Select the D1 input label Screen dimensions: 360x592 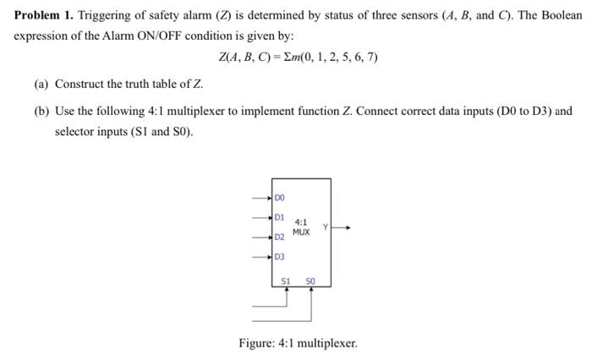click(279, 217)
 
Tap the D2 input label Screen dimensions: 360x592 click(279, 238)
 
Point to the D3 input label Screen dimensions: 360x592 click(279, 257)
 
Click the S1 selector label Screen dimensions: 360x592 click(287, 279)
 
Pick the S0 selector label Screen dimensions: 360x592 click(310, 279)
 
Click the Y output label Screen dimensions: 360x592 click(325, 226)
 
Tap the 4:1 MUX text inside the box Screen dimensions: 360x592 click(301, 227)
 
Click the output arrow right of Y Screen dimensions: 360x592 click(340, 226)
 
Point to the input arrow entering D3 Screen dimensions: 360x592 click(264, 257)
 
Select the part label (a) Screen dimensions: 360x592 click(41, 85)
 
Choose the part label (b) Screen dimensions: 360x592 click(41, 111)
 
